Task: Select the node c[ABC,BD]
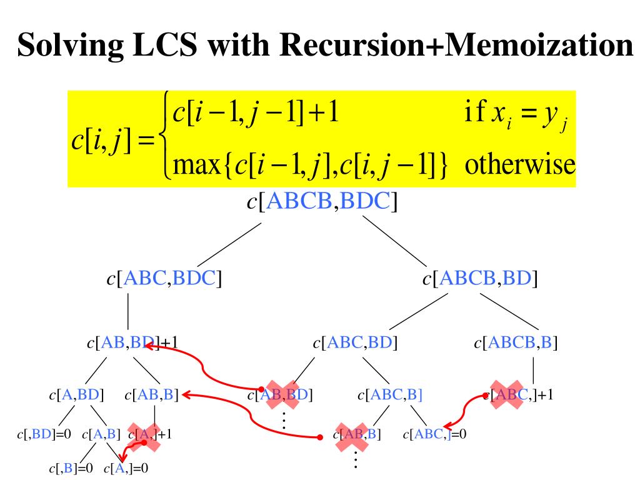point(356,342)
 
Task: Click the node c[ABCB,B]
point(516,342)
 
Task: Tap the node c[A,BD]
point(76,395)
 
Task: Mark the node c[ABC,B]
point(390,395)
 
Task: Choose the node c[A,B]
point(101,434)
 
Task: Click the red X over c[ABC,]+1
point(507,394)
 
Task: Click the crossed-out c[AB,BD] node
point(281,395)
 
